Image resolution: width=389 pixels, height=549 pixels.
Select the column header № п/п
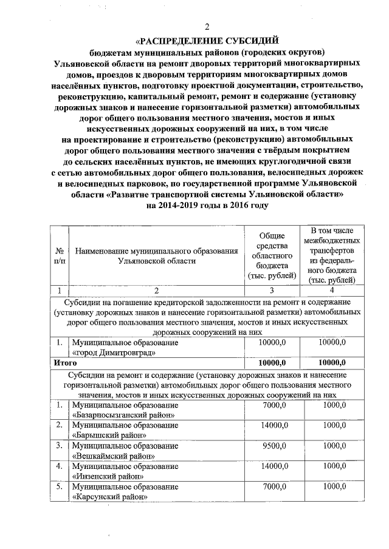tap(60, 255)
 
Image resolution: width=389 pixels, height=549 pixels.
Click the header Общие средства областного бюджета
tap(272, 255)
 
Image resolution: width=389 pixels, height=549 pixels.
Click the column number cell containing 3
tap(272, 290)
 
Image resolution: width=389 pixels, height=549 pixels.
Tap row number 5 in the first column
tap(60, 487)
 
